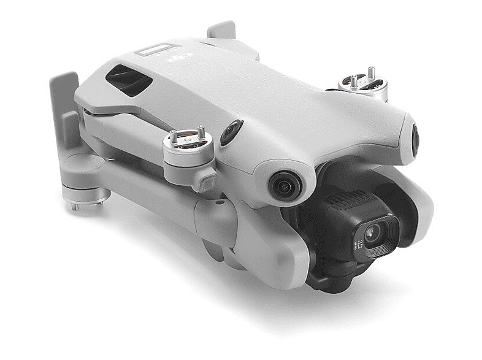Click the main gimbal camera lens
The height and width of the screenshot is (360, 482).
coord(373,234)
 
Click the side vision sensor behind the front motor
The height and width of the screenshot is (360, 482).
coord(231,132)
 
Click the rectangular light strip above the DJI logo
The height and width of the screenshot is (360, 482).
coord(154,48)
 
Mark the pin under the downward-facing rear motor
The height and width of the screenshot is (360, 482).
coord(75,207)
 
